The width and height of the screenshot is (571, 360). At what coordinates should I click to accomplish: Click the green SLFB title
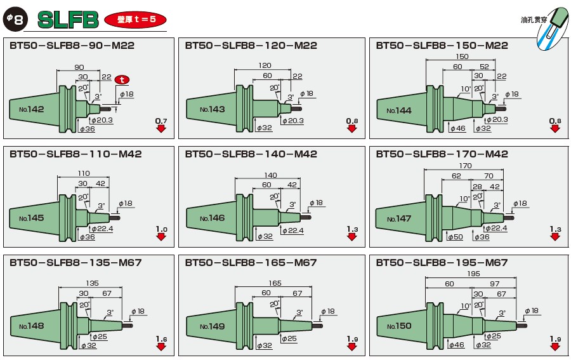[68, 20]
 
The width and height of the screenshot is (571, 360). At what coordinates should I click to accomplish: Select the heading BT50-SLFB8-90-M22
[72, 46]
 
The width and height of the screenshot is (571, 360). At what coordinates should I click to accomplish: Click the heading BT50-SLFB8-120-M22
[251, 46]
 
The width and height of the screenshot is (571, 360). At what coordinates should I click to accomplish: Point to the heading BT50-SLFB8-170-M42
[442, 154]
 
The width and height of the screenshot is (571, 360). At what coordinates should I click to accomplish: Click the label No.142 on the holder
[32, 109]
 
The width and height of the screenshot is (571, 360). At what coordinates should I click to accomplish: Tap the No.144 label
[399, 110]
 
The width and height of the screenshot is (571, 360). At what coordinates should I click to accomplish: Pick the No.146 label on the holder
[212, 218]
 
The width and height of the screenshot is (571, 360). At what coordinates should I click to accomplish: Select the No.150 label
[399, 326]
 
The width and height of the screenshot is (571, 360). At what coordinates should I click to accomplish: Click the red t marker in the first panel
[122, 79]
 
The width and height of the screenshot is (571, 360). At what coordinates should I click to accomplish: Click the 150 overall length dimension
[463, 57]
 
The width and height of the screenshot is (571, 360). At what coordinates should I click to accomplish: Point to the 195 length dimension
[473, 273]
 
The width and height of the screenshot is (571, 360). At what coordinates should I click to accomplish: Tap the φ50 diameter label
[455, 237]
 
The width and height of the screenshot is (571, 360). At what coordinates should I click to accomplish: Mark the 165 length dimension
[275, 282]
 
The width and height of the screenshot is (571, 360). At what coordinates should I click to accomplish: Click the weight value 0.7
[161, 121]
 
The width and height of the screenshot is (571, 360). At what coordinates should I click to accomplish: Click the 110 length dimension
[84, 173]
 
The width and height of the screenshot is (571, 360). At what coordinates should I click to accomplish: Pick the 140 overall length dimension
[270, 175]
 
